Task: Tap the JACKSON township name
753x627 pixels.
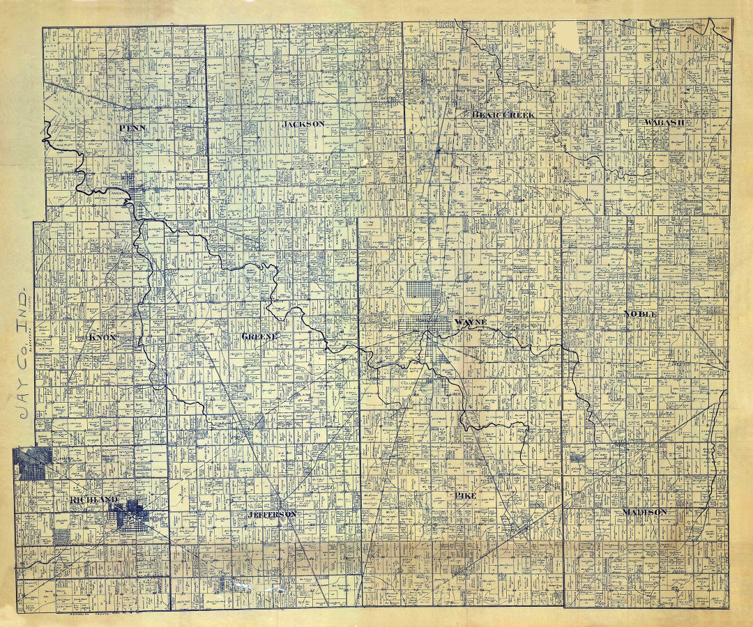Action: click(303, 124)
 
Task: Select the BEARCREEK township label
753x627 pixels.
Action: click(502, 114)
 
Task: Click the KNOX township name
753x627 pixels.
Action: click(102, 338)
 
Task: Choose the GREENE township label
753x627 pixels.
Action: click(259, 336)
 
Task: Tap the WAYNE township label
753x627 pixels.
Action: click(469, 323)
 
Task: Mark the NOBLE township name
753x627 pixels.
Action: click(641, 314)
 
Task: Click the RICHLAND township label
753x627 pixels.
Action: click(93, 500)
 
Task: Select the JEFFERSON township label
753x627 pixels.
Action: click(272, 513)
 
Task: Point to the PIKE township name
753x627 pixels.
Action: click(465, 495)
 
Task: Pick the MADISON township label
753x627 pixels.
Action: click(645, 512)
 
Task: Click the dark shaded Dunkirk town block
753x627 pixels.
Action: click(32, 463)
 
